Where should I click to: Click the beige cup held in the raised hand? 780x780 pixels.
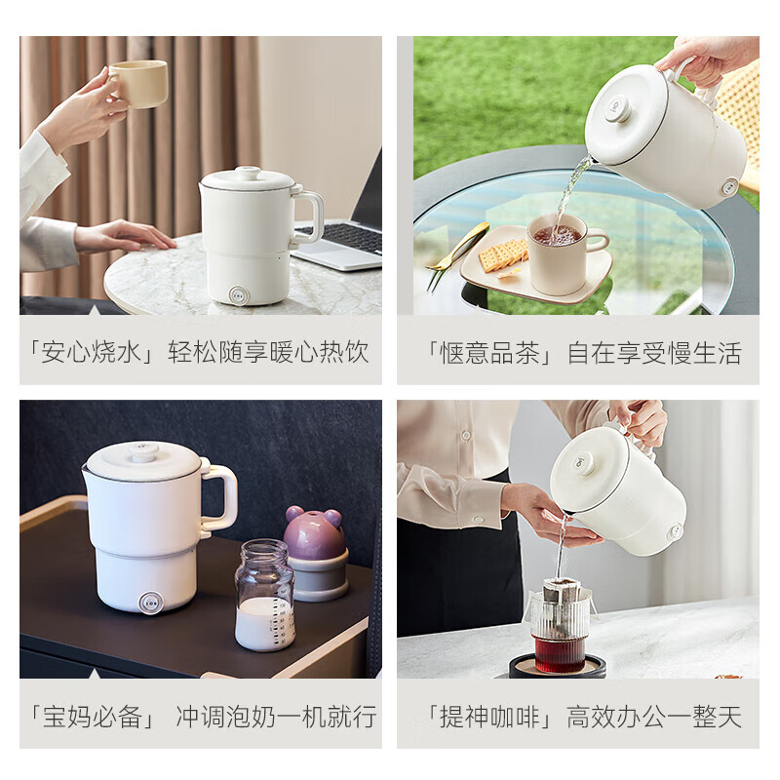(x=138, y=83)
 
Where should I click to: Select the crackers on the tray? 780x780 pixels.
(x=502, y=255)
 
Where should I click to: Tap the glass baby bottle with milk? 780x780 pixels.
(x=264, y=596)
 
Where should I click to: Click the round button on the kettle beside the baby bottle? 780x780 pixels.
(x=150, y=603)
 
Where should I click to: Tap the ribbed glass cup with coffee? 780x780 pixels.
(x=560, y=632)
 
